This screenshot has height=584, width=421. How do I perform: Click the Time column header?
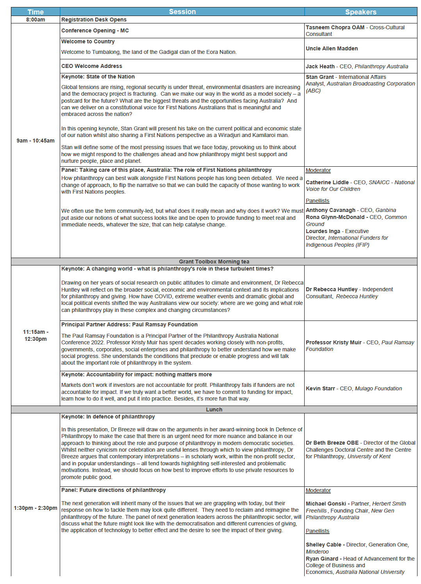pyautogui.click(x=36, y=12)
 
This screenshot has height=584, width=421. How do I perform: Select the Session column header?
pyautogui.click(x=182, y=12)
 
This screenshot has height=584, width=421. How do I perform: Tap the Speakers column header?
pyautogui.click(x=360, y=12)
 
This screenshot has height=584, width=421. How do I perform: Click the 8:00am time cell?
pyautogui.click(x=36, y=20)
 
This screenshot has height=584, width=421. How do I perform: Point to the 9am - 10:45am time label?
pyautogui.click(x=36, y=141)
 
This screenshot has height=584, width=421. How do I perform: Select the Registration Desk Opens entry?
pyautogui.click(x=94, y=20)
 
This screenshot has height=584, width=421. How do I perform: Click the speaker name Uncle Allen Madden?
pyautogui.click(x=332, y=48)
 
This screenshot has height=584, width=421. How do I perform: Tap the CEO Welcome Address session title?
pyautogui.click(x=92, y=66)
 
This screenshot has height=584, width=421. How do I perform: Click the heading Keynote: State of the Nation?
pyautogui.click(x=98, y=77)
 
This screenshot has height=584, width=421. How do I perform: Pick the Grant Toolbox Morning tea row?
pyautogui.click(x=214, y=262)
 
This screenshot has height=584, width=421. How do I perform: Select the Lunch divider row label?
pyautogui.click(x=214, y=410)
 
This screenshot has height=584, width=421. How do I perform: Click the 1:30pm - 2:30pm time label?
pyautogui.click(x=36, y=508)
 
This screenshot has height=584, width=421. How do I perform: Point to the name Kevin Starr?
pyautogui.click(x=320, y=388)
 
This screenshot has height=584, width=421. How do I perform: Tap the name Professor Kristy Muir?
pyautogui.click(x=334, y=342)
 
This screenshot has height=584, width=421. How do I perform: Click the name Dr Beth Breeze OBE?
pyautogui.click(x=332, y=443)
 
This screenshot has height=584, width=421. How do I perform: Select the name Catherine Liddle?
pyautogui.click(x=327, y=182)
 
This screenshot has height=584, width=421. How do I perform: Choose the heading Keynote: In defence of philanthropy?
pyautogui.click(x=108, y=417)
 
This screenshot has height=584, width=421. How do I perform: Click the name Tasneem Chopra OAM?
pyautogui.click(x=335, y=27)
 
